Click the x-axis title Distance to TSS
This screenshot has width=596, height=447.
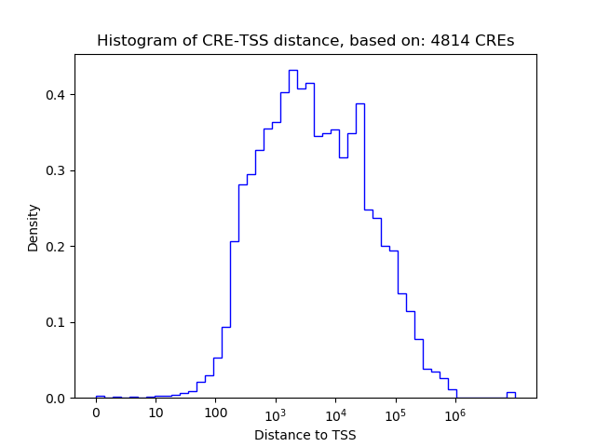305,434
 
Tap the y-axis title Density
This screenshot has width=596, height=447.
34,226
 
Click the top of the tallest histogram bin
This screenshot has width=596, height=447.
292,70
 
